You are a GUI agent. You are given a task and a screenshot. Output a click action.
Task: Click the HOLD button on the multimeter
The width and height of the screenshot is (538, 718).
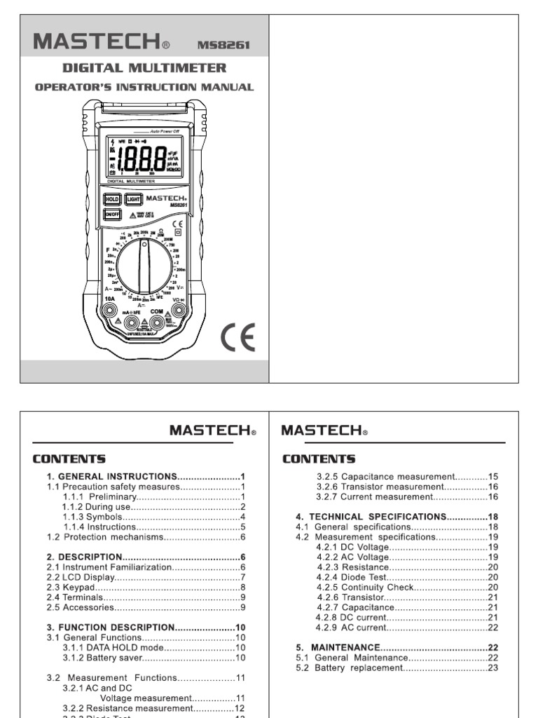pos(112,199)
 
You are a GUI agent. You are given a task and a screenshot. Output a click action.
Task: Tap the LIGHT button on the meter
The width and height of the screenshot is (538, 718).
pos(133,199)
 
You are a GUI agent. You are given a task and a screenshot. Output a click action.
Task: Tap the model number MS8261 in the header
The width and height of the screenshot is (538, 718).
pos(223,46)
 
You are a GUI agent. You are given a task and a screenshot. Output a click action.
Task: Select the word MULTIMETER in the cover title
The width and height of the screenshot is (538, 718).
pos(187,68)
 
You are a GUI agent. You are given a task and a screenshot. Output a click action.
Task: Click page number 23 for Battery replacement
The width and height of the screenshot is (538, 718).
pos(492,668)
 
